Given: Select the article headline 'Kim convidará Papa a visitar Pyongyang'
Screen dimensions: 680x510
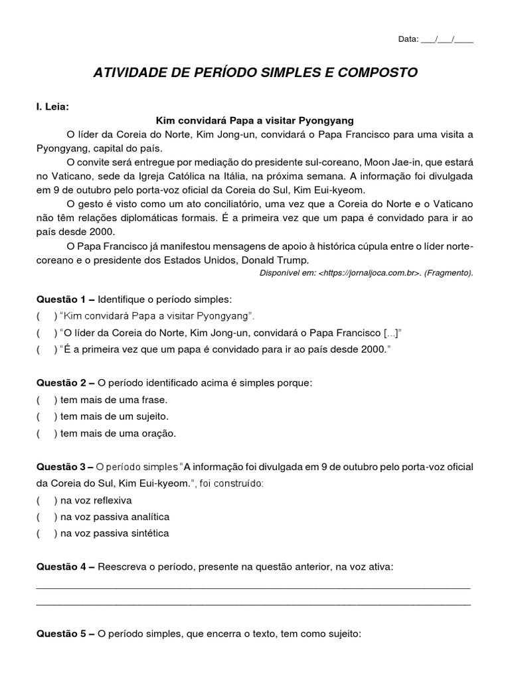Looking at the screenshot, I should point(255,121).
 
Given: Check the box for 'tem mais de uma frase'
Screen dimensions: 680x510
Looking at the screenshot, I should point(46,400).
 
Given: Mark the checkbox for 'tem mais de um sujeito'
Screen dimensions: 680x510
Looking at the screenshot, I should point(46,416).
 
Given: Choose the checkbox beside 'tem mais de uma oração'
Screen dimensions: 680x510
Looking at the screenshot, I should point(46,433).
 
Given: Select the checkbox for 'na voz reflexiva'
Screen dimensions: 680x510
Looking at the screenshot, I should point(46,500).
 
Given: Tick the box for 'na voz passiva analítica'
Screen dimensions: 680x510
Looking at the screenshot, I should point(46,517).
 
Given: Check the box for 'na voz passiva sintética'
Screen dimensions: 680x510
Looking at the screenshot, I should point(46,533).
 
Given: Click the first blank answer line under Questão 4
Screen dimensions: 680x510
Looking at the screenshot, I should point(252,587).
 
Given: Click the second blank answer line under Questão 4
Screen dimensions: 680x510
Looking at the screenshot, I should point(252,604).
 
